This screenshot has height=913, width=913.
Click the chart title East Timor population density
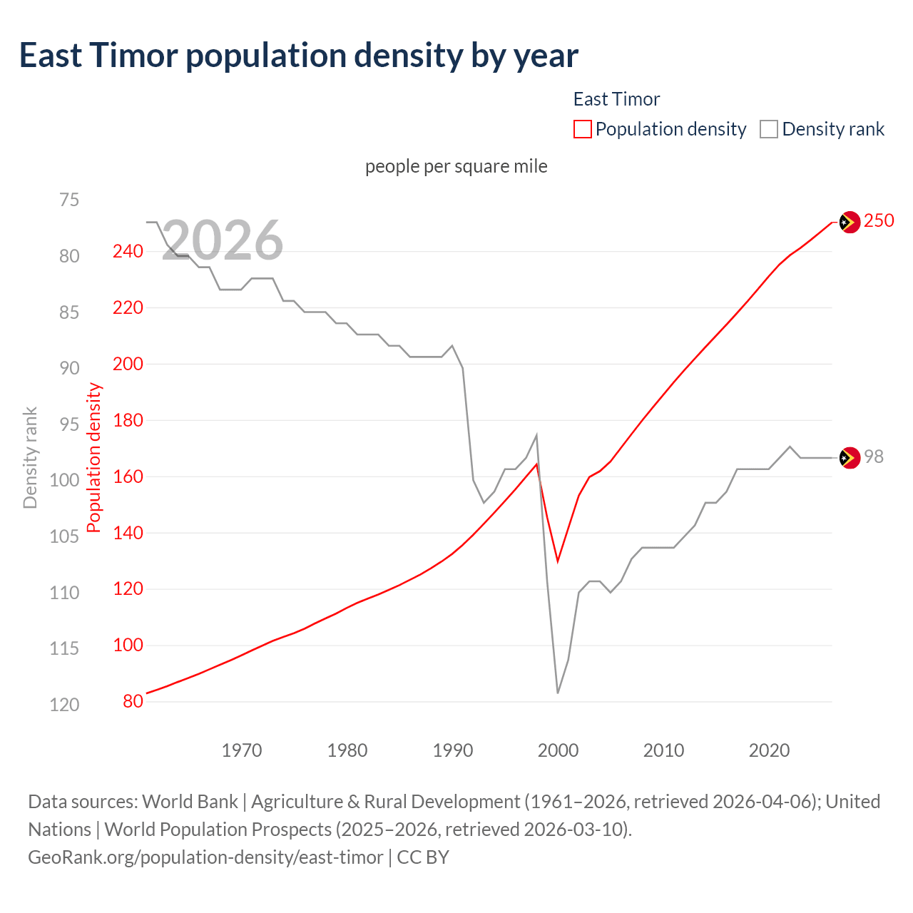click(x=298, y=56)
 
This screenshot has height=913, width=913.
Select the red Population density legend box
click(x=583, y=129)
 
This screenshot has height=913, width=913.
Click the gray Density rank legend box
click(x=768, y=129)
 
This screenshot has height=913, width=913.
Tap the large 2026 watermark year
click(x=223, y=240)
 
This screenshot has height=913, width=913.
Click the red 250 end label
click(x=879, y=221)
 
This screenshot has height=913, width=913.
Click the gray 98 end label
click(x=874, y=457)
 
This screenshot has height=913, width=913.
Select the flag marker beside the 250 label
click(x=849, y=223)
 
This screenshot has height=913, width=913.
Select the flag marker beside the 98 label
click(x=849, y=458)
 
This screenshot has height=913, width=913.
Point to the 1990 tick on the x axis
click(x=453, y=750)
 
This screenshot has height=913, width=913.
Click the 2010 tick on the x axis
click(x=663, y=750)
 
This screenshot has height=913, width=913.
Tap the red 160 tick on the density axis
click(x=128, y=476)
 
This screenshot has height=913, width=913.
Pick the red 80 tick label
click(x=133, y=701)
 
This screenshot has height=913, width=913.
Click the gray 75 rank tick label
click(x=69, y=200)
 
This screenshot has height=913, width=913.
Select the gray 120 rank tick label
click(x=64, y=705)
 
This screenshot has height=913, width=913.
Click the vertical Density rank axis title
click(x=30, y=458)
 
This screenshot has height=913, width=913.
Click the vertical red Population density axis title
click(x=94, y=458)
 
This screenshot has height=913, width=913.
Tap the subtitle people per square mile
click(x=456, y=166)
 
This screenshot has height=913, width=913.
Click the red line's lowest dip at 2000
click(x=558, y=561)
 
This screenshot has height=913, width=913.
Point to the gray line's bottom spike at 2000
click(x=558, y=692)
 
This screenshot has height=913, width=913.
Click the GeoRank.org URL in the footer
click(x=205, y=857)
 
